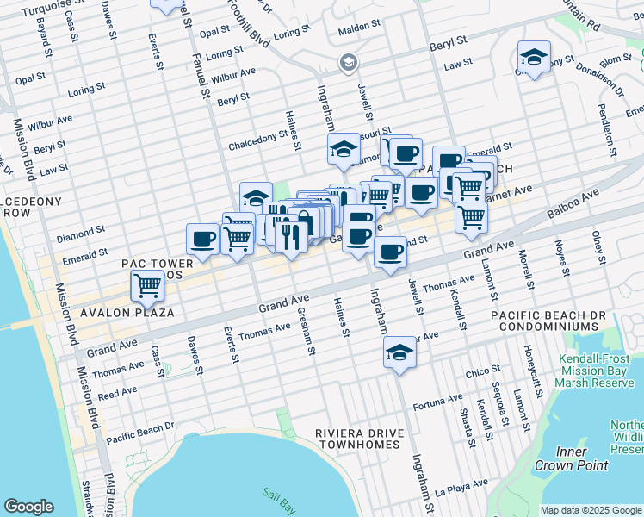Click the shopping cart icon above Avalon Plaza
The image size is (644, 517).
147,285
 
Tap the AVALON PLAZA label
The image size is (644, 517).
127,312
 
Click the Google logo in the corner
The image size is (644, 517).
28,507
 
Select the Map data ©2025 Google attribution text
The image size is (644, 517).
591,510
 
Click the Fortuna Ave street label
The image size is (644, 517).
437,401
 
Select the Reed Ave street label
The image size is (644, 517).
118,392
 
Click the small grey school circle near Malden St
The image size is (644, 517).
348,62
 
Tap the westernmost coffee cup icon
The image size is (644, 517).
202,239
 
